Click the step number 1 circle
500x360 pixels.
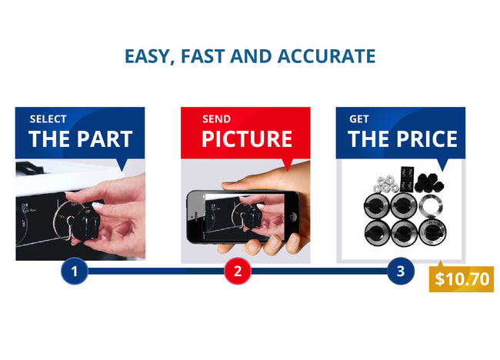(x=74, y=271)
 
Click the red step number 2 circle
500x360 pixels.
(x=238, y=271)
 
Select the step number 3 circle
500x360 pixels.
(x=401, y=271)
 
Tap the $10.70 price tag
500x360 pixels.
(x=461, y=278)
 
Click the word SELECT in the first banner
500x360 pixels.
(x=48, y=119)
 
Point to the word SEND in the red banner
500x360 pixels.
(x=216, y=119)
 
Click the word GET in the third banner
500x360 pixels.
(x=358, y=119)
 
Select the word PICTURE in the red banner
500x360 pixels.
(x=247, y=139)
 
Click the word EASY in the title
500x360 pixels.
(x=147, y=56)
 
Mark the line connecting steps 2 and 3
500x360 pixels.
(x=319, y=271)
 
